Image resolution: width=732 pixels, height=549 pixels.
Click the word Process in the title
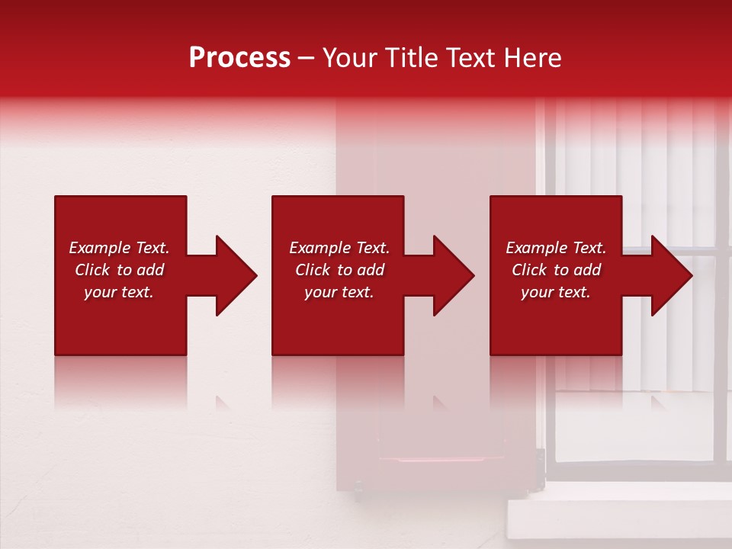pos(239,58)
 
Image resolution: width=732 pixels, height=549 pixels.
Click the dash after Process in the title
pos(307,59)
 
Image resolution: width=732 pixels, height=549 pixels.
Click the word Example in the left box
pos(98,248)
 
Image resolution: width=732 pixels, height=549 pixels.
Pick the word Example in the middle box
pos(319,248)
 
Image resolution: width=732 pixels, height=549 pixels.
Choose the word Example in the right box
pos(535,248)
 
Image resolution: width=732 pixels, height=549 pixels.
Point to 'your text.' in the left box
pos(119,292)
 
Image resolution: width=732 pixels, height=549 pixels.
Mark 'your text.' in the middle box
pos(339,292)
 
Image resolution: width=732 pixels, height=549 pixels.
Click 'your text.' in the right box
pos(555,292)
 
